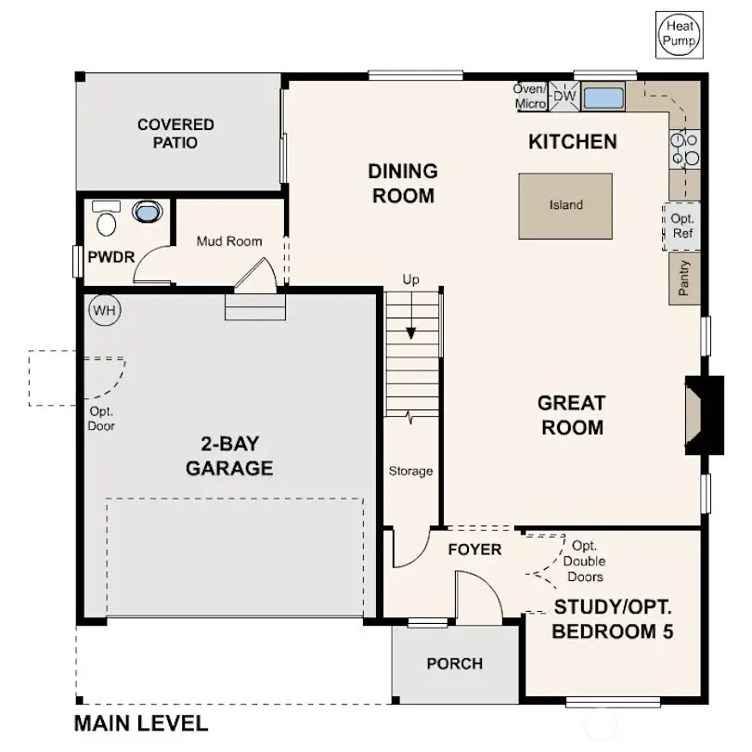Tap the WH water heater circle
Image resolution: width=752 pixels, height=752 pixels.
click(x=104, y=310)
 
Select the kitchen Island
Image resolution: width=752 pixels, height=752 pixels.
click(x=565, y=205)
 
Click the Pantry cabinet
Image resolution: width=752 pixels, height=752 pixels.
click(x=683, y=278)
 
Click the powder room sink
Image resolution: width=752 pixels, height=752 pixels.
click(x=146, y=212)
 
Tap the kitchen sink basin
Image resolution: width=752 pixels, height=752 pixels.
click(x=603, y=97)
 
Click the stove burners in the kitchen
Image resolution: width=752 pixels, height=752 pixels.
click(x=684, y=149)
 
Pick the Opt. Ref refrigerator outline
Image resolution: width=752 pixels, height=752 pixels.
click(x=681, y=226)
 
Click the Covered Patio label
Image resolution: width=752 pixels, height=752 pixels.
click(x=176, y=134)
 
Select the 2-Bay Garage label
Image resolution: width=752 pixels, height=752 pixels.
click(x=229, y=455)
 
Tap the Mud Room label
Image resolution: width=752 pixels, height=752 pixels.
click(x=228, y=241)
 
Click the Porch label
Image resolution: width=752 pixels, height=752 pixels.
click(x=454, y=664)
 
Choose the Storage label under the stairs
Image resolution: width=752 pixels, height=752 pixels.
click(x=410, y=471)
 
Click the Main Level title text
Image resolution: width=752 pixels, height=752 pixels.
click(x=141, y=724)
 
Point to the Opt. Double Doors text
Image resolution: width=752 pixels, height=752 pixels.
click(x=585, y=562)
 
